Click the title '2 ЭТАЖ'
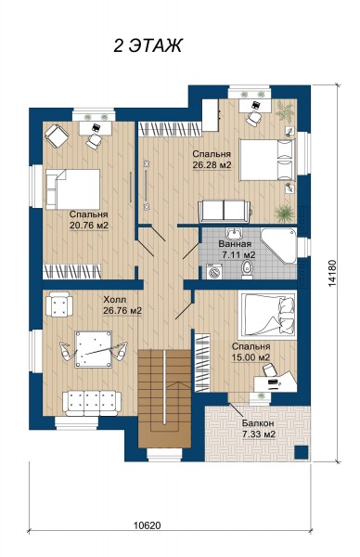coord(148,45)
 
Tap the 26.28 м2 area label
coord(212,165)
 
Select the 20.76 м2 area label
coord(89,226)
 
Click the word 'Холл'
coord(114,300)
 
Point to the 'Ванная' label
coord(235,244)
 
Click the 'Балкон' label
coord(258,423)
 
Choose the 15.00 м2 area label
coord(251,357)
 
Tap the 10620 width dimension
coord(148,525)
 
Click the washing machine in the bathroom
coord(214,272)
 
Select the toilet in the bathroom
coord(247,269)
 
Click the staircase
coord(165,398)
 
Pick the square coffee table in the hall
coord(94,349)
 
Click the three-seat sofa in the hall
coord(92,403)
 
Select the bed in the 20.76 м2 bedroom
coord(72,189)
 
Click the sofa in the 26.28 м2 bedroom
coord(225,212)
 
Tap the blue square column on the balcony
coord(302,452)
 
